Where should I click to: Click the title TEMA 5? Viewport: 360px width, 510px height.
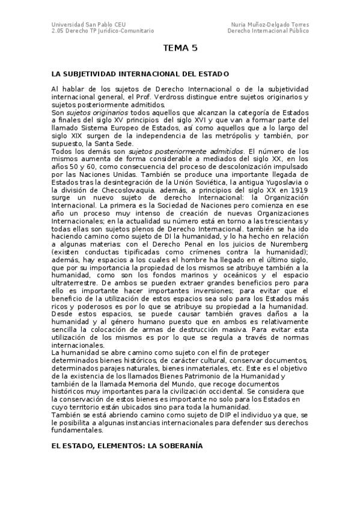click(180, 48)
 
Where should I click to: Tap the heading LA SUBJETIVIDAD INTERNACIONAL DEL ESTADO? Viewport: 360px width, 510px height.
click(140, 74)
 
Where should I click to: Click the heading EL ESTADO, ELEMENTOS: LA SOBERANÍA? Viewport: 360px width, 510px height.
click(127, 446)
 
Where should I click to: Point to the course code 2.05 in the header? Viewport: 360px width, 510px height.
click(58, 31)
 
